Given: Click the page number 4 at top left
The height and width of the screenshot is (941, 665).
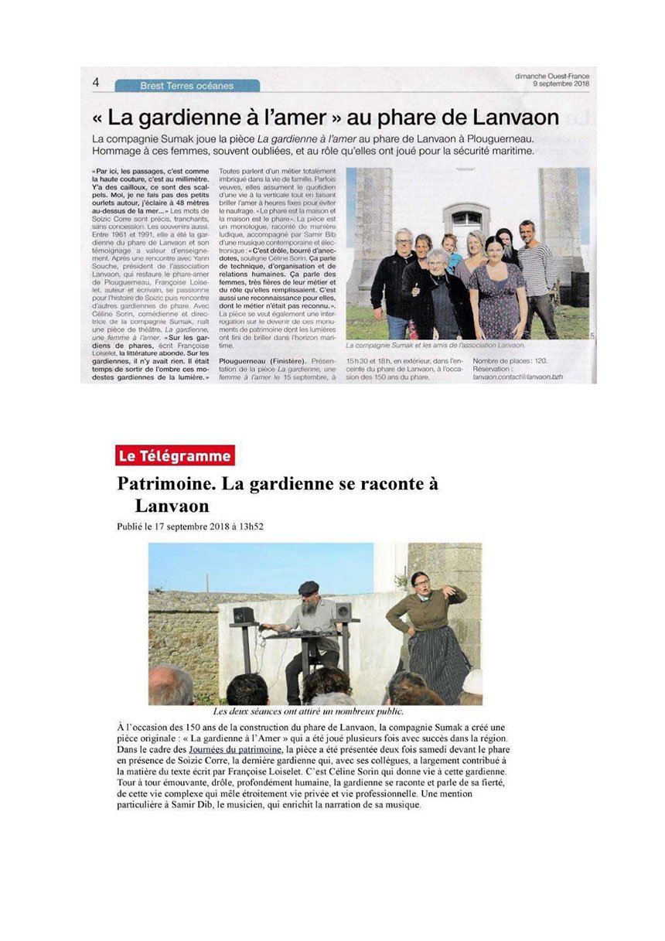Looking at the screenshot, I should click(x=96, y=83).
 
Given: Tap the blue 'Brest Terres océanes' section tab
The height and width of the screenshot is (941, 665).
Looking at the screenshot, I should click(x=187, y=86).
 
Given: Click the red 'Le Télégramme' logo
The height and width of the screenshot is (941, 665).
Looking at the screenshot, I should click(x=174, y=456).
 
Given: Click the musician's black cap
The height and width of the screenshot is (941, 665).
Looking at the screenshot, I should click(x=309, y=587).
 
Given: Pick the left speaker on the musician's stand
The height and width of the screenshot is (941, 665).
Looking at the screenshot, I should click(x=245, y=615).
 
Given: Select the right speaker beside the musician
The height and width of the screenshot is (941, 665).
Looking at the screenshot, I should click(x=343, y=612).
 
